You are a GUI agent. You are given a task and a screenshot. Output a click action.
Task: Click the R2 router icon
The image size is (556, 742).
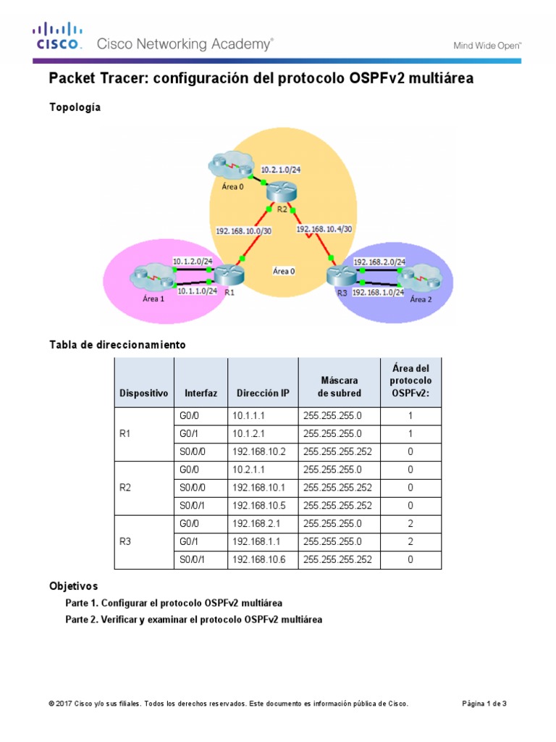click(x=277, y=192)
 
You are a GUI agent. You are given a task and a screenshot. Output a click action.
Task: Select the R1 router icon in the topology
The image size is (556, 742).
click(x=230, y=275)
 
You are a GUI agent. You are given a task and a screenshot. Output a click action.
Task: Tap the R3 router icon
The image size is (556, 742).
click(x=338, y=276)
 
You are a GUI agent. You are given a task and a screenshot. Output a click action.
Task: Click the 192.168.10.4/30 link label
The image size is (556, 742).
click(x=324, y=228)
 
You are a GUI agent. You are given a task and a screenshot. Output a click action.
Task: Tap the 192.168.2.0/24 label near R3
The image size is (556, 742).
click(x=379, y=262)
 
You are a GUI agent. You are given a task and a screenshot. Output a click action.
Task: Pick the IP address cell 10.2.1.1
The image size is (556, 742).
click(x=248, y=470)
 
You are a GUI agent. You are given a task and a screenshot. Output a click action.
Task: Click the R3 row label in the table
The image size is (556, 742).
click(x=125, y=541)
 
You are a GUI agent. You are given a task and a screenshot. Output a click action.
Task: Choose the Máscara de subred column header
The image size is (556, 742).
click(x=340, y=386)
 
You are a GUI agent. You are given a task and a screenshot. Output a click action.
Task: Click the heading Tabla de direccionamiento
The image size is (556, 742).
click(x=117, y=345)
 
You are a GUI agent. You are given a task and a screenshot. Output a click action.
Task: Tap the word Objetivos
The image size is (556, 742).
click(x=73, y=585)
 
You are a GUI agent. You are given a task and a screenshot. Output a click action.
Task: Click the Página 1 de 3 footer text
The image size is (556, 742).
click(x=484, y=704)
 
